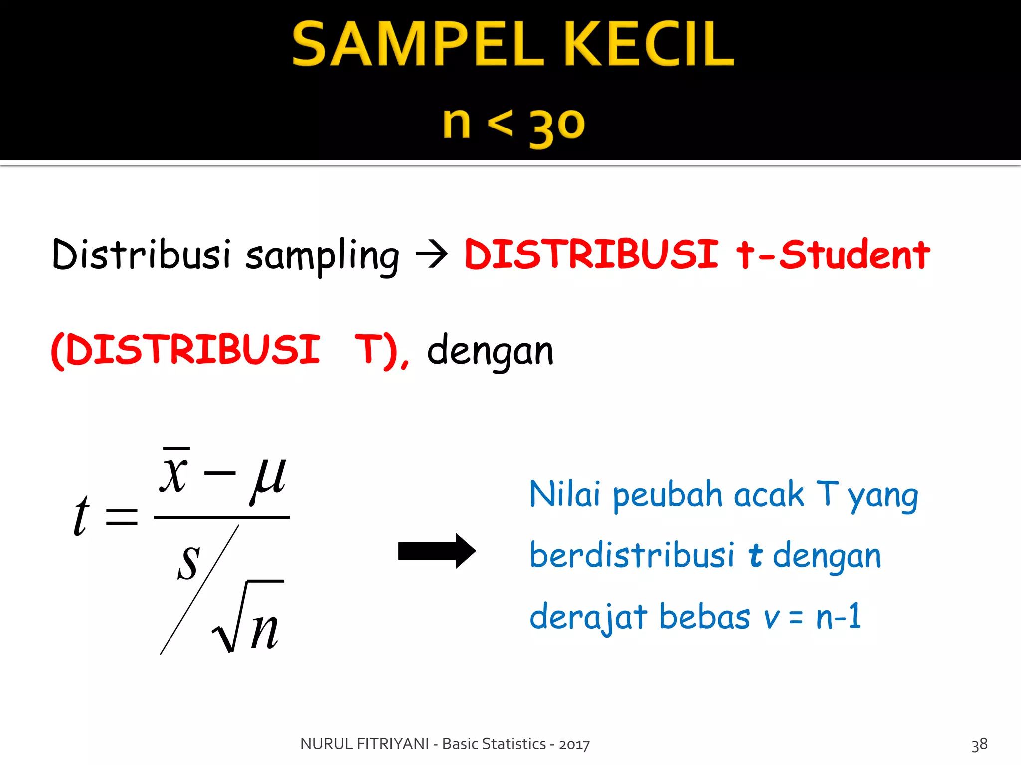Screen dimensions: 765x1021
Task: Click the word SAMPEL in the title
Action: [416, 44]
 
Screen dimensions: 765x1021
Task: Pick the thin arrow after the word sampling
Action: [432, 255]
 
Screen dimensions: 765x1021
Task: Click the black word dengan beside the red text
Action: [490, 351]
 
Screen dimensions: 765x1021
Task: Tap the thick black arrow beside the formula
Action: [437, 551]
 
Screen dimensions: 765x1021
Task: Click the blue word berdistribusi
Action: [632, 555]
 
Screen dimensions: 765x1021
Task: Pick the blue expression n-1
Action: [839, 616]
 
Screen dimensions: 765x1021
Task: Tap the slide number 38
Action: [979, 744]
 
